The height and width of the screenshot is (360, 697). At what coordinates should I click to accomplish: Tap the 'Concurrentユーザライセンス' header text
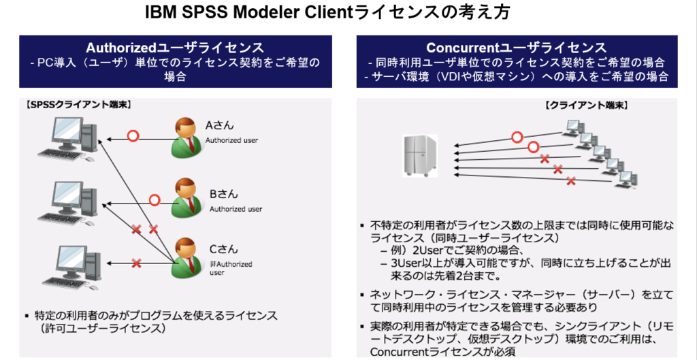517,48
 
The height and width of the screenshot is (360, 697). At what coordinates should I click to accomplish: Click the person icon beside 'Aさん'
186,137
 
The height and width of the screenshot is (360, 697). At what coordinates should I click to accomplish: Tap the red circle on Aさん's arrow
133,135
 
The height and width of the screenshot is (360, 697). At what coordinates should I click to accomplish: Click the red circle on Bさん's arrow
155,199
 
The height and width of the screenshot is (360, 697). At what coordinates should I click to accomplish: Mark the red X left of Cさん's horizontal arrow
137,263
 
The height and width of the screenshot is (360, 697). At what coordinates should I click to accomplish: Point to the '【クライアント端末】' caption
586,105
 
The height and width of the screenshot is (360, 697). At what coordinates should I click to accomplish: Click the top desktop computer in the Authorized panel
67,139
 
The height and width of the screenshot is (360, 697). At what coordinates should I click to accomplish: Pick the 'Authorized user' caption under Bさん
236,208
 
